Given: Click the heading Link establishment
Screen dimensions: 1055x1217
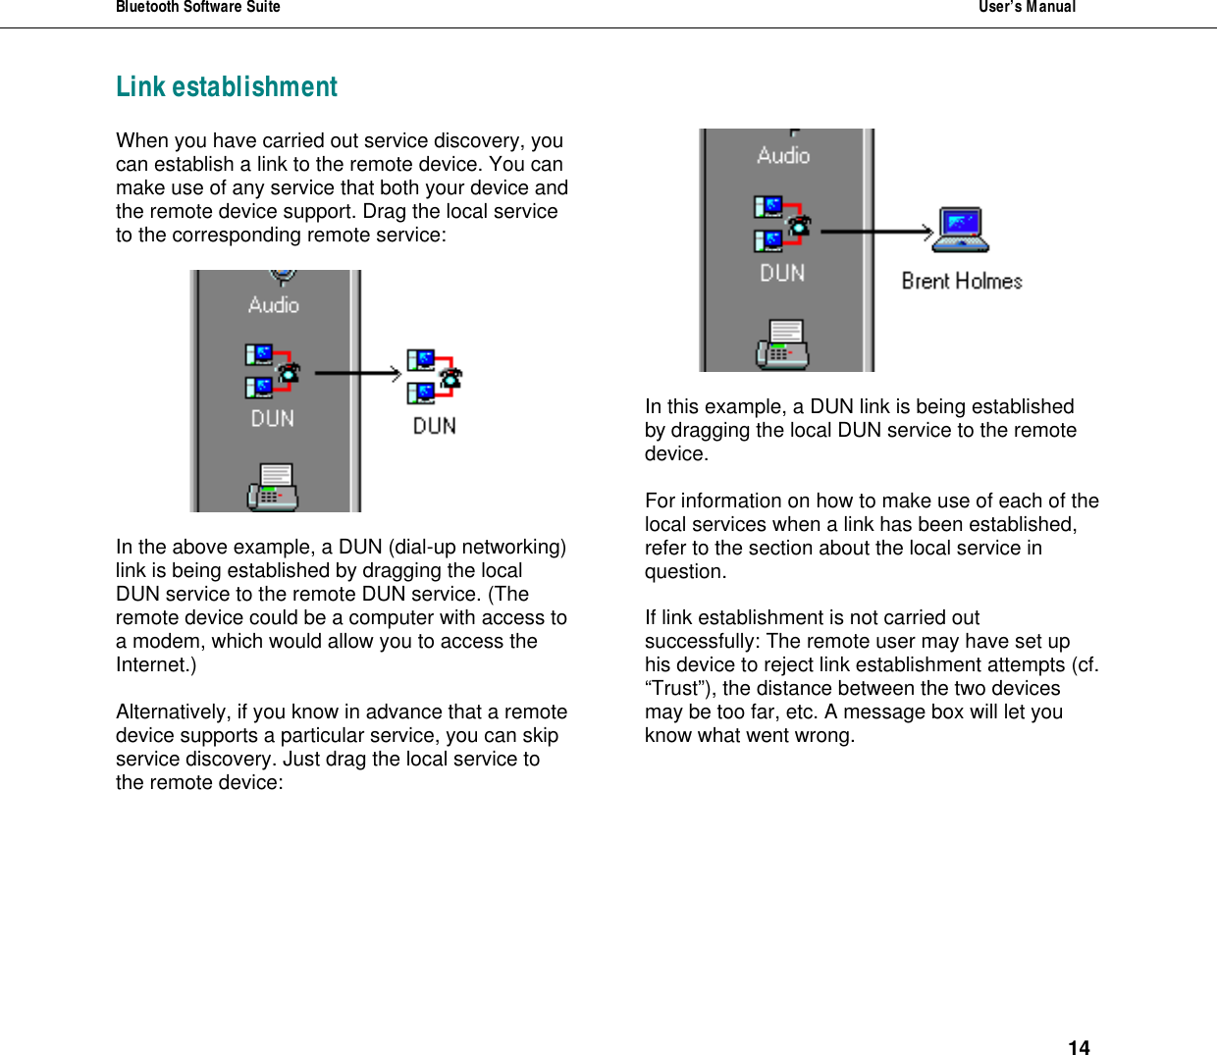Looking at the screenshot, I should [227, 87].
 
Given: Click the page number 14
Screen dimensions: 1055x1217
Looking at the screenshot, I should [1079, 1047].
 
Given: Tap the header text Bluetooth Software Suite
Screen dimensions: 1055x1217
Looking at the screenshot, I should [198, 8].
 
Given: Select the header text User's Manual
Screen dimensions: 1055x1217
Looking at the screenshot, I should [1027, 8].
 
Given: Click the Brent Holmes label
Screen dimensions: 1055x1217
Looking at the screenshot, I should [962, 282].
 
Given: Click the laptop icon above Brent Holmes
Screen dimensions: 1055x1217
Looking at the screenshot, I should [961, 231].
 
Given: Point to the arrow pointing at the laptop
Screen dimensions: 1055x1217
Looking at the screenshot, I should [876, 232].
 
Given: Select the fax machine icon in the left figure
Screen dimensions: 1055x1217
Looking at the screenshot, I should [273, 487].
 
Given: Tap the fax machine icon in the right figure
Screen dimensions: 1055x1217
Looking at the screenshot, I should [782, 343].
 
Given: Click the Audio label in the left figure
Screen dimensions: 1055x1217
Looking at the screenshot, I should [274, 305].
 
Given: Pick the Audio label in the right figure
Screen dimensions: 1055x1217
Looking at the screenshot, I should [783, 155].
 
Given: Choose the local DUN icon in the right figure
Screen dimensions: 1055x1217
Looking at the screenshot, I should [782, 225].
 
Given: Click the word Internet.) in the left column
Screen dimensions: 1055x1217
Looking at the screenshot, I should [156, 665].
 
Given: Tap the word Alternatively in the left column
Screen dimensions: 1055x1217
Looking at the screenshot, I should [172, 712].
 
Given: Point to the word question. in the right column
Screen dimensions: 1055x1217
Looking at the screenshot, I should [685, 572].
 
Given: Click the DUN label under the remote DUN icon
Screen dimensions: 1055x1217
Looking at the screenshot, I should [434, 426].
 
